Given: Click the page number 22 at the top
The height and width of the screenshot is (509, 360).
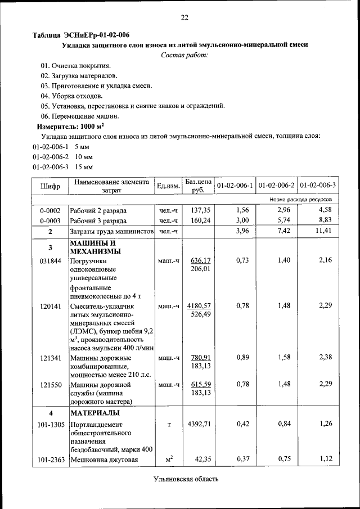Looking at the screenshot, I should (x=184, y=17).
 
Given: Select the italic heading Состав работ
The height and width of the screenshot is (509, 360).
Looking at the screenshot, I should (x=184, y=55).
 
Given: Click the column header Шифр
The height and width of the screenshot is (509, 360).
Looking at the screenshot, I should (x=50, y=186).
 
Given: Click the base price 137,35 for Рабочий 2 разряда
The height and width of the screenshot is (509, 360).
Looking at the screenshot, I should (x=200, y=210).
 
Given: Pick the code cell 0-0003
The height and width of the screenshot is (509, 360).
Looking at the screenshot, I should (x=50, y=220).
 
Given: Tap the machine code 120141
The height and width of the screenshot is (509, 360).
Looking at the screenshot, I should (x=50, y=306).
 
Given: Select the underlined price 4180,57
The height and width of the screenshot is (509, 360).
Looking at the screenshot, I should (x=200, y=305).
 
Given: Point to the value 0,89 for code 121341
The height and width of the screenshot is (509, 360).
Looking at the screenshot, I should (x=240, y=357).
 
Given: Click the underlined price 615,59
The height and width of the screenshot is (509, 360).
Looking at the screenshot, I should (x=200, y=384).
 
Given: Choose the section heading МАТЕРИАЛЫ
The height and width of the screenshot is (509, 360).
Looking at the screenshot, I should (x=93, y=413).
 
